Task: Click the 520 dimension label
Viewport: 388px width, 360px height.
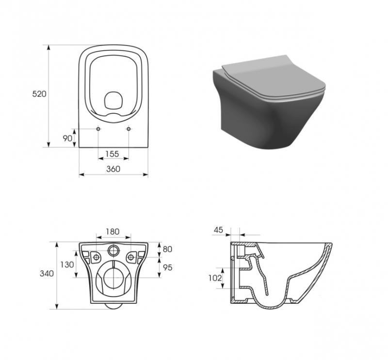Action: [x=39, y=94]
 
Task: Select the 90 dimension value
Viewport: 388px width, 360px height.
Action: [x=67, y=139]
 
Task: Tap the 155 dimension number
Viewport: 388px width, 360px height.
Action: [x=112, y=154]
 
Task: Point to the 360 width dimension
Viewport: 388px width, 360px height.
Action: [x=113, y=169]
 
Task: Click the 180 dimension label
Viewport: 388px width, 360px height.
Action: [x=113, y=232]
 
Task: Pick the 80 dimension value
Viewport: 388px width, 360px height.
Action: [x=167, y=249]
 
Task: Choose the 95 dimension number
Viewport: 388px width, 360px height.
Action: [x=167, y=267]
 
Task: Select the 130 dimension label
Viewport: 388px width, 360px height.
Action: [x=67, y=265]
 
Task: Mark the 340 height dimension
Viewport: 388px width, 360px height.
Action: [x=47, y=273]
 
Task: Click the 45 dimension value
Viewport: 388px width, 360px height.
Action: [x=218, y=230]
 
